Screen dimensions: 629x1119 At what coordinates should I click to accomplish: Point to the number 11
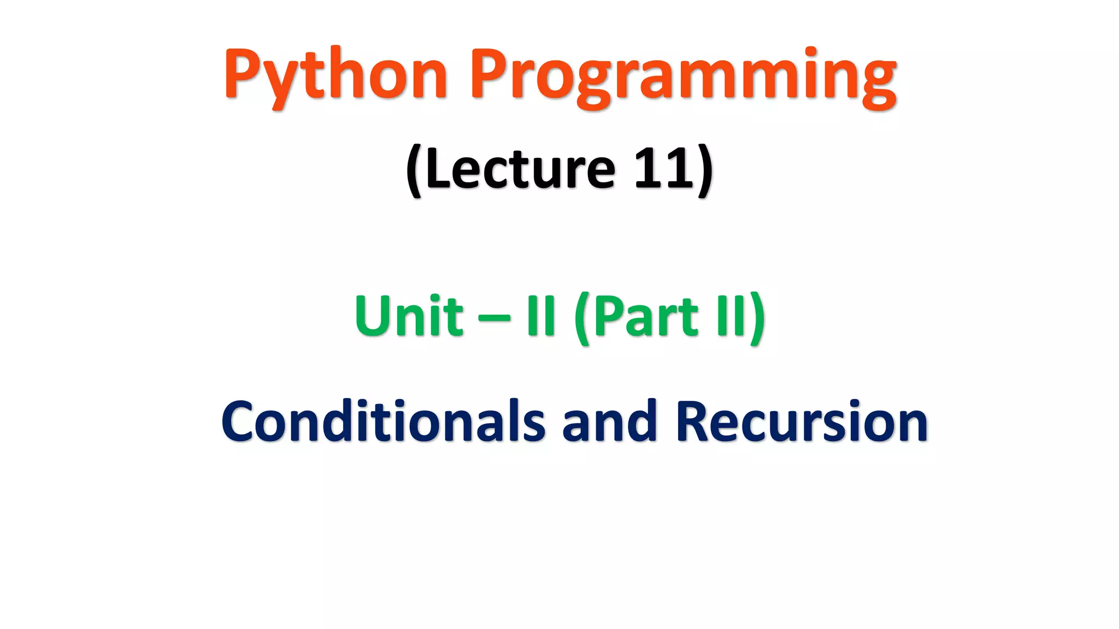pos(663,169)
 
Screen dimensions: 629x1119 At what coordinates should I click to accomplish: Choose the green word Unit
pos(409,316)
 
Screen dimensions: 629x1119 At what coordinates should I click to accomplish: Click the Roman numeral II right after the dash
pos(541,316)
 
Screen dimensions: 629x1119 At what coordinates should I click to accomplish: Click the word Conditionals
pos(382,421)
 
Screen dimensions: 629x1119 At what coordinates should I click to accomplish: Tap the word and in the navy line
pos(609,421)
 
